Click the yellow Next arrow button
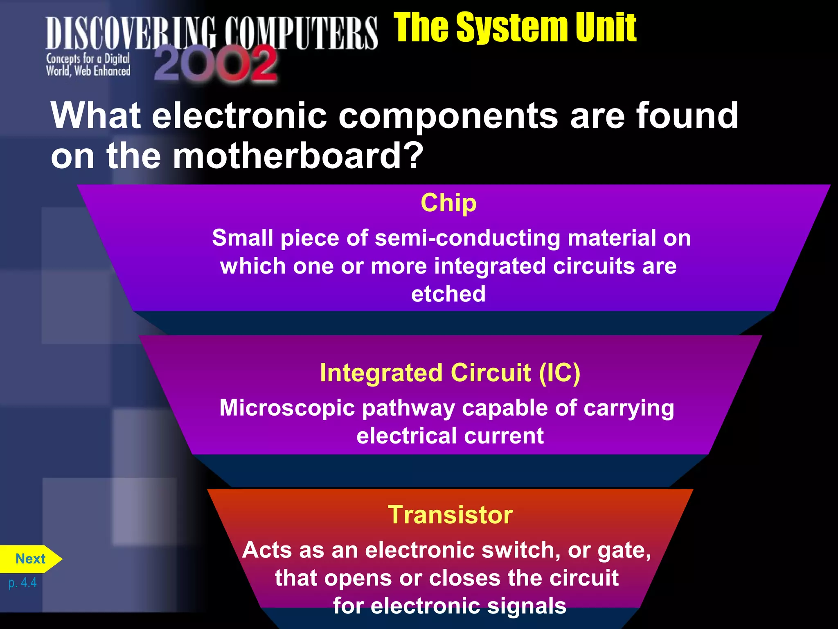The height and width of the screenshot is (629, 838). [31, 559]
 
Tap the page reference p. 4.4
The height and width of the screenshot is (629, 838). [23, 582]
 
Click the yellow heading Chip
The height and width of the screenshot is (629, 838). [448, 203]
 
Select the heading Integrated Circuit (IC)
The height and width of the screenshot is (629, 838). [450, 373]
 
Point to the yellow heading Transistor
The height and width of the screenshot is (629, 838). [450, 514]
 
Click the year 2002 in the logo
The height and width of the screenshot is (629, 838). [216, 64]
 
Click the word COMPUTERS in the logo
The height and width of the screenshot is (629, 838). [301, 33]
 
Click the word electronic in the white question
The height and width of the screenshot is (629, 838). [239, 115]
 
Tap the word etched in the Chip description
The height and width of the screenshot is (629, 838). [448, 294]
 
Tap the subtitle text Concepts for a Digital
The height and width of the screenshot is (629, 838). [88, 59]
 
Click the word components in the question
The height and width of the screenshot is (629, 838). [448, 115]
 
